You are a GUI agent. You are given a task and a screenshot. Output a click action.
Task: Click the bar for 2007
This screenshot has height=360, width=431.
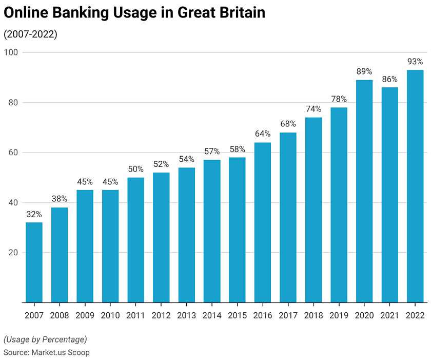click(34, 262)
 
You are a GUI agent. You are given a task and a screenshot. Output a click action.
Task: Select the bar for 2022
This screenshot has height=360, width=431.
click(415, 186)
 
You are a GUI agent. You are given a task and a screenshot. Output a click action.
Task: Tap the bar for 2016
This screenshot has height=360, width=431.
click(263, 222)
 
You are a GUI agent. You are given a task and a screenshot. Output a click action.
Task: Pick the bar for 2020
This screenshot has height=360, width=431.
click(364, 191)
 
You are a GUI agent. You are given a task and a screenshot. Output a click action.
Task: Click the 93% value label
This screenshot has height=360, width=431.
click(415, 62)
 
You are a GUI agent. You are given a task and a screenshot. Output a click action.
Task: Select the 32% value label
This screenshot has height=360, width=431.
click(34, 214)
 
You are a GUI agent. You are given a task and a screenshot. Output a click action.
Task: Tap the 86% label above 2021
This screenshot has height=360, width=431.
click(390, 79)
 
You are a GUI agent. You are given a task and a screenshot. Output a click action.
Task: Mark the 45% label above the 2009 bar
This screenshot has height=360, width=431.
click(85, 182)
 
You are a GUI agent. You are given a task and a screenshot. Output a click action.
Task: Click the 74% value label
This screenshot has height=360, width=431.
click(314, 109)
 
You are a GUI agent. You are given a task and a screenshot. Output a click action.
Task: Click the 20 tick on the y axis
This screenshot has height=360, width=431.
click(13, 253)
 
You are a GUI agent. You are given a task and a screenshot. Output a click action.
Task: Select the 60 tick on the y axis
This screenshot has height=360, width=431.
click(13, 153)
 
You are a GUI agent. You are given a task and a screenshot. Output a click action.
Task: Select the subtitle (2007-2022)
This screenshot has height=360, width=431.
click(30, 34)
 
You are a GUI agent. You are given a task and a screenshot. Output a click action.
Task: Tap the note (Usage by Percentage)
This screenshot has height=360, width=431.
click(45, 339)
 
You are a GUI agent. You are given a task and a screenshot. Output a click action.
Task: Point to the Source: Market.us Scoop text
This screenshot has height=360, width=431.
click(47, 352)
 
